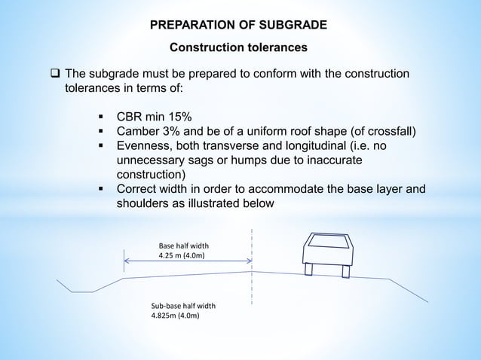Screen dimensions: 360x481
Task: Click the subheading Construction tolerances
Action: [x=238, y=48]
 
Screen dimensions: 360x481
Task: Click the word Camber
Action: [x=140, y=133]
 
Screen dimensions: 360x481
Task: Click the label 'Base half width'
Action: [x=184, y=246]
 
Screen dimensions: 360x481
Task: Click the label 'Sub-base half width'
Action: [x=184, y=306]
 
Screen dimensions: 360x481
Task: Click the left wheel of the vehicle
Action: [x=308, y=270]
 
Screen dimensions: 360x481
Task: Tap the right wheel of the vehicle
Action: [x=345, y=270]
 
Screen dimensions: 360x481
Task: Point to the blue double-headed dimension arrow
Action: [x=188, y=262]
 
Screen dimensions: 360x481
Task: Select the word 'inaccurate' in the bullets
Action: [x=335, y=161]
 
